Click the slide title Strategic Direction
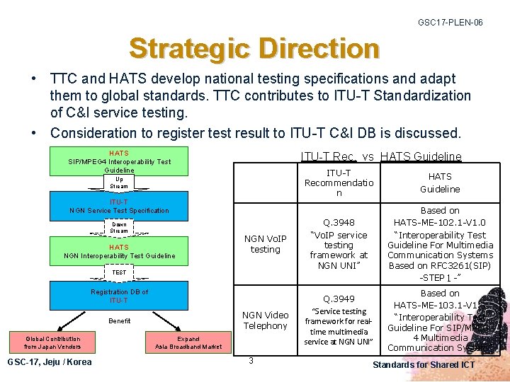point(254,49)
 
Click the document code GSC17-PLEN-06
point(450,23)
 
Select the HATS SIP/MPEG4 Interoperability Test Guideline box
point(119,161)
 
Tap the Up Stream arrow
point(119,183)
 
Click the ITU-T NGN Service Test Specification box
point(119,206)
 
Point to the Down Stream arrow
point(119,228)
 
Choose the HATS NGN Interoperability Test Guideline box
point(119,251)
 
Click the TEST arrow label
point(119,272)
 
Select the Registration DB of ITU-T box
point(119,296)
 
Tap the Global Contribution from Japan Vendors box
point(52,342)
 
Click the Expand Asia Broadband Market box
point(188,342)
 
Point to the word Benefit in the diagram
point(119,321)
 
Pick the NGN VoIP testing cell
point(266,244)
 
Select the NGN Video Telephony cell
point(266,320)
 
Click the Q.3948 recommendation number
point(339,222)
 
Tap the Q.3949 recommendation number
point(339,299)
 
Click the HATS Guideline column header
point(440,183)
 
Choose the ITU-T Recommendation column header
point(339,183)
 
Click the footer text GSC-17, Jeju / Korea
point(49,362)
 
